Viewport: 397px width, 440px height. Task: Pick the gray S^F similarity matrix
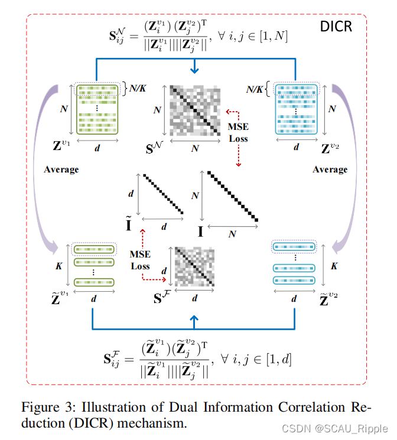pos(195,268)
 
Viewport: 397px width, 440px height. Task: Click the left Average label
pos(61,170)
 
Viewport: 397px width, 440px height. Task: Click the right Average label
pos(330,170)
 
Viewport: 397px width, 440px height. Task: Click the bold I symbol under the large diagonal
pos(201,231)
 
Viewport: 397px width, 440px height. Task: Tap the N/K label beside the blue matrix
pos(257,90)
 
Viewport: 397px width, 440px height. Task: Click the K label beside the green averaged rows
pos(58,266)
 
